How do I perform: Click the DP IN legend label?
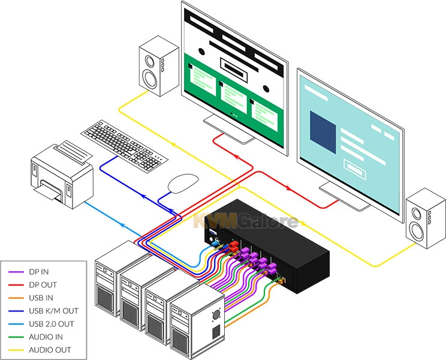click(39, 272)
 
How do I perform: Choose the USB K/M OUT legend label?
click(53, 311)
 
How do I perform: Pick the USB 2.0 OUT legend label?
click(52, 324)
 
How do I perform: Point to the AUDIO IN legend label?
click(45, 337)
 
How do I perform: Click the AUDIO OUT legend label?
click(49, 350)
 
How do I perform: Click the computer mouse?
click(182, 182)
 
